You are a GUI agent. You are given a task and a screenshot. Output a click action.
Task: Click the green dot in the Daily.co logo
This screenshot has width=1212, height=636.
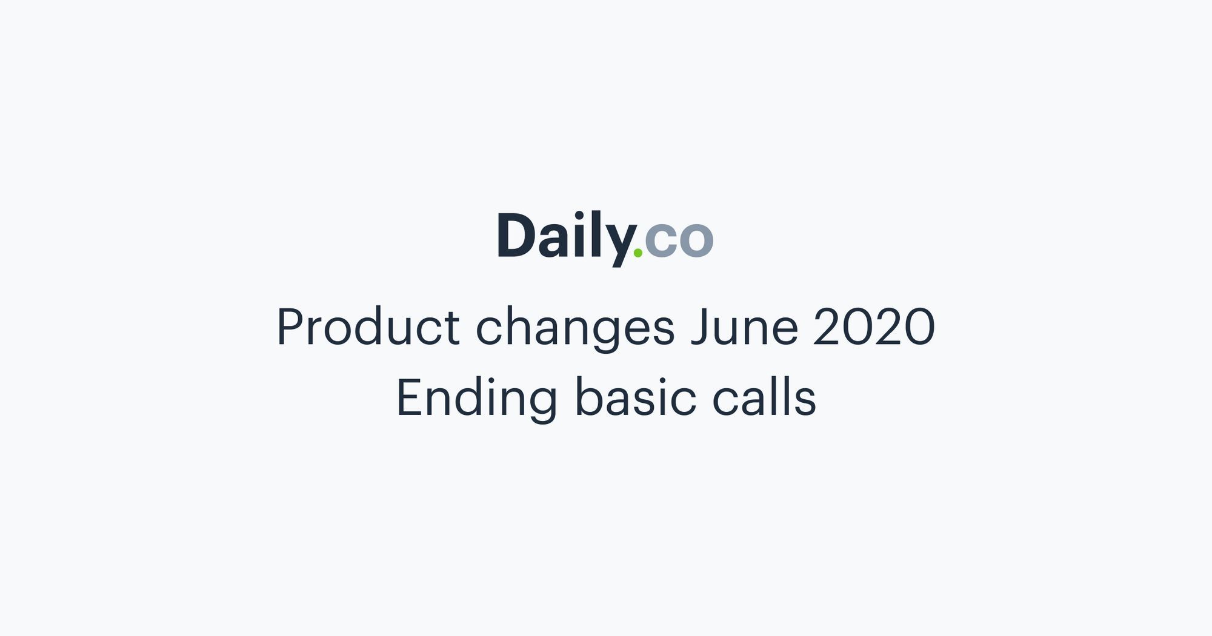(638, 253)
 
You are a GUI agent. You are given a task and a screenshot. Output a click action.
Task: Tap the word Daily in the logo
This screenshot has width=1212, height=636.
(564, 237)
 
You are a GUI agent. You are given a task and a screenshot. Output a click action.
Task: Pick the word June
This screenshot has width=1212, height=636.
(744, 327)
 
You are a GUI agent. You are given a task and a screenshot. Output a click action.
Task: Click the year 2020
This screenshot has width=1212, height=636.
(874, 327)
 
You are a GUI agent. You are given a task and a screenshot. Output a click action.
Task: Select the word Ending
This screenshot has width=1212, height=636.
(476, 399)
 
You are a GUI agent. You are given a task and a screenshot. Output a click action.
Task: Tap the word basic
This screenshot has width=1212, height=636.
(635, 397)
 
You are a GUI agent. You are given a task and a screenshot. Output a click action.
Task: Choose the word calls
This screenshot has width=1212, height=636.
(764, 397)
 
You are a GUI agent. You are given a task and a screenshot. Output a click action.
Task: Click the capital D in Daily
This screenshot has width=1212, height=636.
(516, 236)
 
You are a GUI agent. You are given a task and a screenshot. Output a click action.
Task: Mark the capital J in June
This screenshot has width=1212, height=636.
(700, 327)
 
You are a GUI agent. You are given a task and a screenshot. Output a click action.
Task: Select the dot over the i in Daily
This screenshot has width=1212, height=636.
(580, 216)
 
